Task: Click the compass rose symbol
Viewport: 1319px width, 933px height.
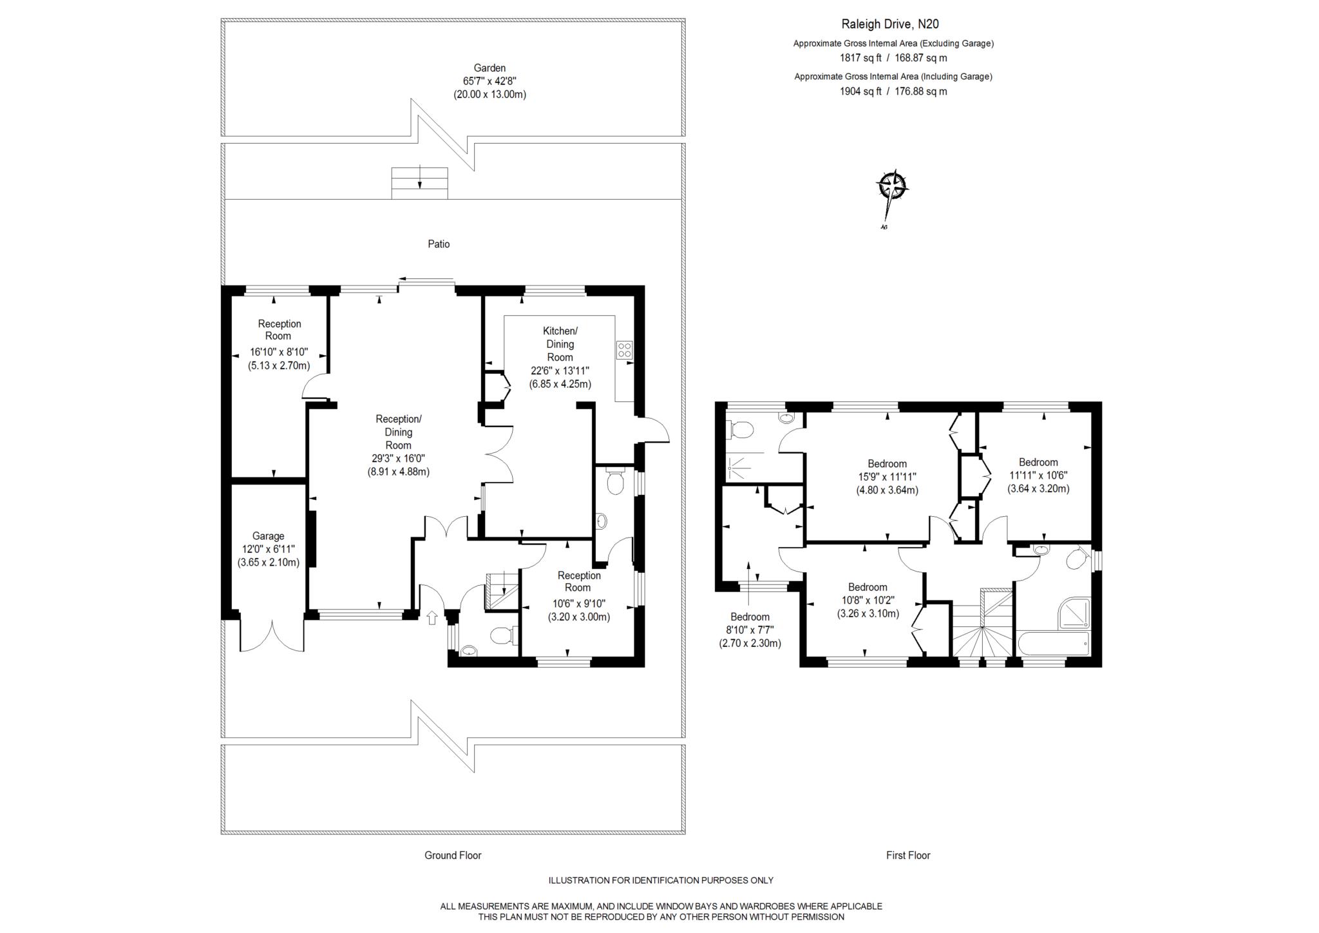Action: (x=892, y=188)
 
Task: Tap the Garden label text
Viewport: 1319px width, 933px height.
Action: (x=489, y=68)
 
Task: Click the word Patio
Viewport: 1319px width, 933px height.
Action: (x=439, y=244)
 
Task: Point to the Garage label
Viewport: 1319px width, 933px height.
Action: (x=268, y=535)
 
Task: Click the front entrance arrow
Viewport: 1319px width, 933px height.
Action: (x=432, y=617)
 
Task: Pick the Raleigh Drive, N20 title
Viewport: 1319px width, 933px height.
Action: (x=890, y=24)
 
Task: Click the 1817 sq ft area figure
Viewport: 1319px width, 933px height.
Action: (x=860, y=58)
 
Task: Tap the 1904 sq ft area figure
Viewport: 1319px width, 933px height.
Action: (x=860, y=91)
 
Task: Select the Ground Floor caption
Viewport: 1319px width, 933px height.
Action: (x=453, y=855)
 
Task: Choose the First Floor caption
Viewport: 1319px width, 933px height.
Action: (x=908, y=855)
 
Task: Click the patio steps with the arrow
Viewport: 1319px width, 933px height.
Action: (x=420, y=183)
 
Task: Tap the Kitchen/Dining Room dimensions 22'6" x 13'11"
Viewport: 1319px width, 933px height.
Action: (x=560, y=370)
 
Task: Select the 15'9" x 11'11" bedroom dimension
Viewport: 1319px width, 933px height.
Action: (x=887, y=477)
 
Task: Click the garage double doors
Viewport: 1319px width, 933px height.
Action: (x=272, y=635)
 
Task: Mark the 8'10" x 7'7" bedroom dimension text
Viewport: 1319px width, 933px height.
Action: (x=750, y=630)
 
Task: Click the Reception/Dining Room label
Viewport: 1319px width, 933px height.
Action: (x=399, y=432)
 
